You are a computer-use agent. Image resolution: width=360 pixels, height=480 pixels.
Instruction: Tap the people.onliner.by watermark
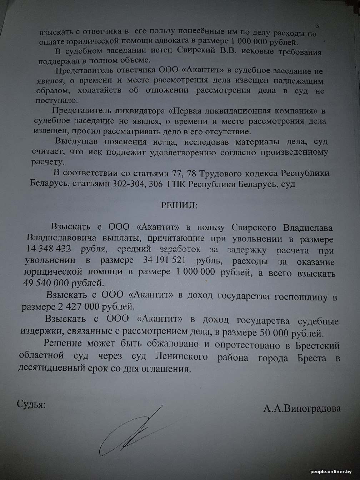coord(334,472)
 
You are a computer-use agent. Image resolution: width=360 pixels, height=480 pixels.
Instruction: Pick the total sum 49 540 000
coord(48,283)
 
